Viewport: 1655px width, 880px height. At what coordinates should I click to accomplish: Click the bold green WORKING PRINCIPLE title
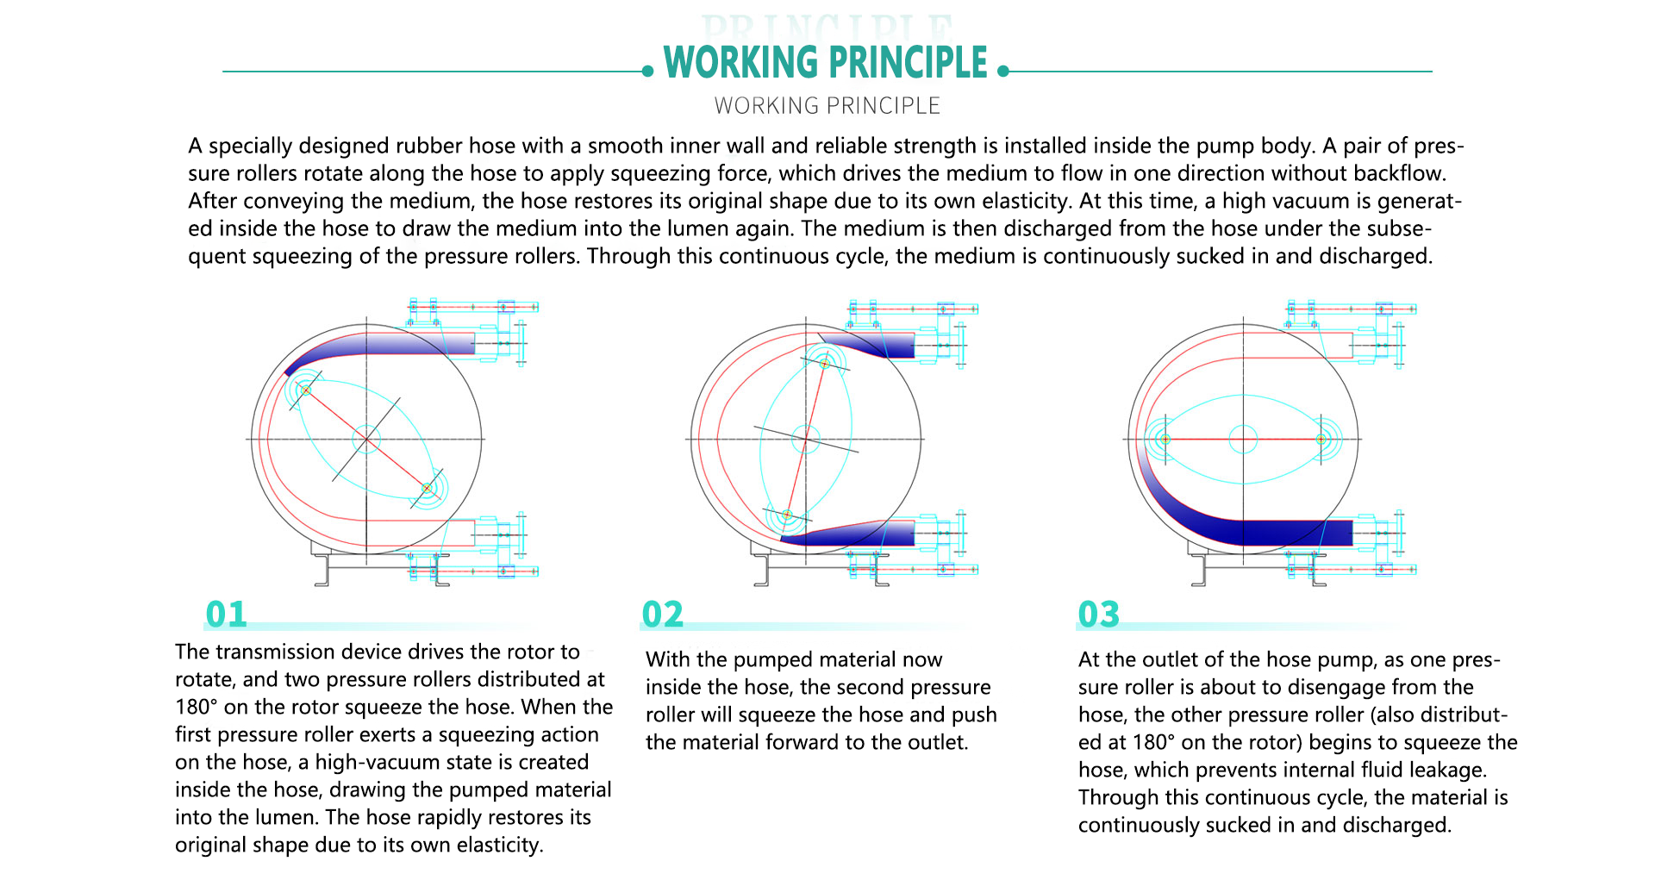825,63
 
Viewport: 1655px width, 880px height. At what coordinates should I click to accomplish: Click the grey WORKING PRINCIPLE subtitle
827,106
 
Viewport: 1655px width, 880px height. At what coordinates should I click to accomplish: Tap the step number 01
226,615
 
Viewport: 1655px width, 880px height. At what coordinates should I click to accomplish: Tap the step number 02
662,615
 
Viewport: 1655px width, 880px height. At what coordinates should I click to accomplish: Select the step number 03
1098,615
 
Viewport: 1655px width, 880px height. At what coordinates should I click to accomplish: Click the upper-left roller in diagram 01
305,390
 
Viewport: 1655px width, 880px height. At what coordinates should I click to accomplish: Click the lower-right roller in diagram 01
427,489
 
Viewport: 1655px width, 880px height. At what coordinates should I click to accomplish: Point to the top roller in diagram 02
825,363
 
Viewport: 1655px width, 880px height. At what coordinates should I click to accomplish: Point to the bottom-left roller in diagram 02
787,515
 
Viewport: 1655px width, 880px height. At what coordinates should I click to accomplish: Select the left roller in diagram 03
1165,440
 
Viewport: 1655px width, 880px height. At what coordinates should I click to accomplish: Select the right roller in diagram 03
1321,440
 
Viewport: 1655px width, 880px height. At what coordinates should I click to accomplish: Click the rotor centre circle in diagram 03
1243,440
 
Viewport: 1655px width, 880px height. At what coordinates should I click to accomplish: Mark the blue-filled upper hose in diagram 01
388,344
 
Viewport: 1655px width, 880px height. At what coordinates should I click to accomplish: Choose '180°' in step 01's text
196,707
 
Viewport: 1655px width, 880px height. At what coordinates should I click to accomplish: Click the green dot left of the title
648,72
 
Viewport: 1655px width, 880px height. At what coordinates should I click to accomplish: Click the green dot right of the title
1003,72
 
